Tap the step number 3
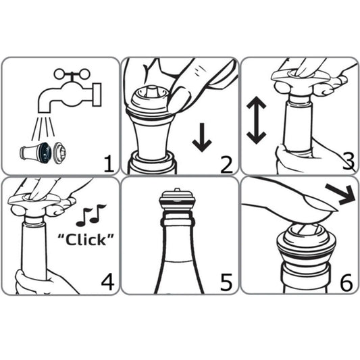(x=347, y=161)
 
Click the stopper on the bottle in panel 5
(x=177, y=201)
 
